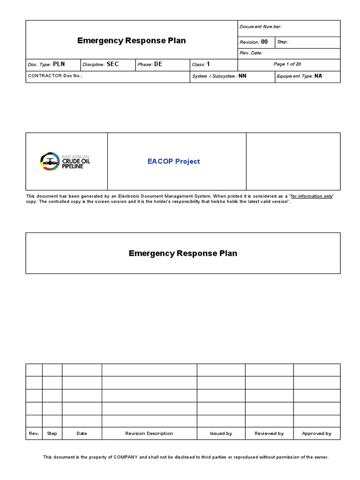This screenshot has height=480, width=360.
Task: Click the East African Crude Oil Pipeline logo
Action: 66,161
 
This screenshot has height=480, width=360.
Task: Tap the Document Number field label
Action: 261,27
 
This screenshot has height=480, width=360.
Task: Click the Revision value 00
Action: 264,42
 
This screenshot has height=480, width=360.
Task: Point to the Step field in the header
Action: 283,42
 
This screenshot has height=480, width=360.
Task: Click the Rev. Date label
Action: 251,53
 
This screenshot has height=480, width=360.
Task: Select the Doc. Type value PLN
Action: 59,64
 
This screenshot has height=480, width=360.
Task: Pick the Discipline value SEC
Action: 113,64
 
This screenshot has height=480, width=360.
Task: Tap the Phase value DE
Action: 158,64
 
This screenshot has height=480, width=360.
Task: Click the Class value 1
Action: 208,64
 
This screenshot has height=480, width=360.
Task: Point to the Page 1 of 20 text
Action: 287,64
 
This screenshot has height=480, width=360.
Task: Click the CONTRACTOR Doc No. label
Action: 55,76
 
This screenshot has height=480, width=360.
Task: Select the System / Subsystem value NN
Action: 242,76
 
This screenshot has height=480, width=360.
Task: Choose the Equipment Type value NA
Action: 318,76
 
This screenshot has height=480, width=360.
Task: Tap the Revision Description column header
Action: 149,434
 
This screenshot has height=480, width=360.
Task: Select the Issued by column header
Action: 221,434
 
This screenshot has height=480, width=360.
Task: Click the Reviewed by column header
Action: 269,434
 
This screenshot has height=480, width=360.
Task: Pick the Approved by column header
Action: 316,434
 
